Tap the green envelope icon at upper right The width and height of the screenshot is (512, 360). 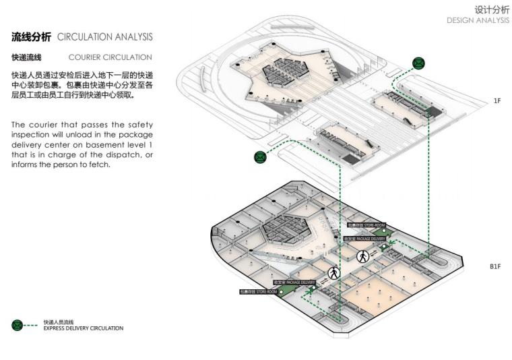418,63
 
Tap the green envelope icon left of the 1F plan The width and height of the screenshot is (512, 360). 260,157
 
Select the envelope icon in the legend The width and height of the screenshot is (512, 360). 18,325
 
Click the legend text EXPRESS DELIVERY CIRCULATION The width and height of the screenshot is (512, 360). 83,328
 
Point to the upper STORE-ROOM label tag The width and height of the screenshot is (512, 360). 366,224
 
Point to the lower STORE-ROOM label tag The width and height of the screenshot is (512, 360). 258,292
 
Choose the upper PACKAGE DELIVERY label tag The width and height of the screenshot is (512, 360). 364,239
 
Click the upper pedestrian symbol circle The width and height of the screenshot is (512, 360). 362,256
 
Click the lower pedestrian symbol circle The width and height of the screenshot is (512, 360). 333,273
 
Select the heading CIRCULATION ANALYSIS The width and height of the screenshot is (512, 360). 105,36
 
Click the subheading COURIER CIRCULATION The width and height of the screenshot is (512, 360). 110,57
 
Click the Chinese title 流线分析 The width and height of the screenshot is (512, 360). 32,36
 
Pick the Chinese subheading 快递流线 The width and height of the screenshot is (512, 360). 26,57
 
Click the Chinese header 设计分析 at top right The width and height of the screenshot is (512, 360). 492,9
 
